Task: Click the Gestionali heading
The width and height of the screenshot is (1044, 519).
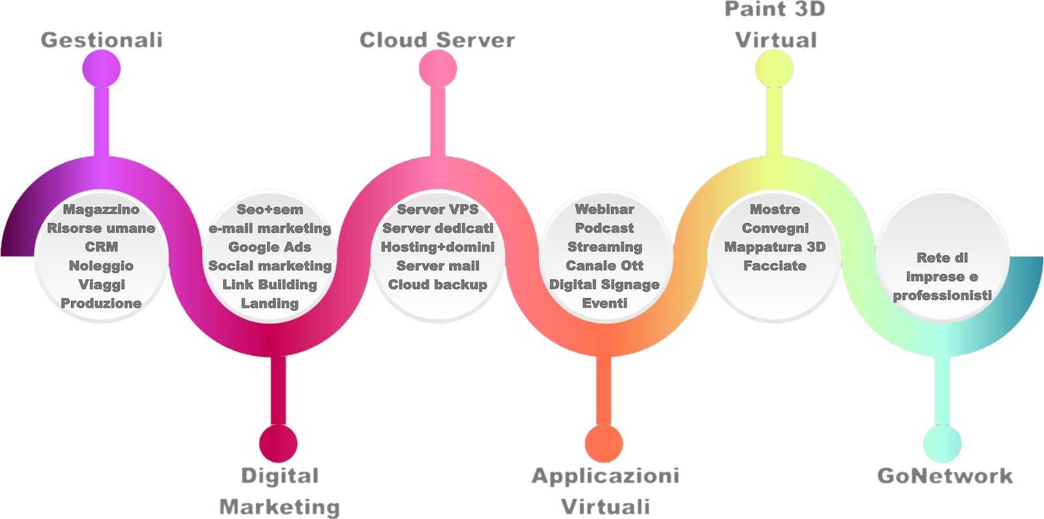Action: pos(101,40)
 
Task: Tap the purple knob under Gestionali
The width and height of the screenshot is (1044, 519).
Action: pos(102,68)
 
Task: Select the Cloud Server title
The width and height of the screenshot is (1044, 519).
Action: pos(437,40)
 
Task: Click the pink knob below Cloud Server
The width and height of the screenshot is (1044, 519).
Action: pos(438,68)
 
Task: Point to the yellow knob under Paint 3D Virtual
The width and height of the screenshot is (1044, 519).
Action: pos(775,68)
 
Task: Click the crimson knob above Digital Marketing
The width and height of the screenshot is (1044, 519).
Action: pos(278,443)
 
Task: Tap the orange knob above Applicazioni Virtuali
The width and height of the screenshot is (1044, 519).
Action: pos(604,443)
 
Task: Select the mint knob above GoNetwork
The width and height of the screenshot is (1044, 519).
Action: pos(943,443)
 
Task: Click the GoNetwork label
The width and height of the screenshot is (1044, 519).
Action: pos(945,475)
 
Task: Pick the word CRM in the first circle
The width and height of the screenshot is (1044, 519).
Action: pos(101,247)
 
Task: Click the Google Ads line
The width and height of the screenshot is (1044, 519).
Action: pos(269,247)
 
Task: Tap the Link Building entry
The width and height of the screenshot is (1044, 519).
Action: pos(269,285)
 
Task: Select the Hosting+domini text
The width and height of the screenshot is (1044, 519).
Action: pos(438,247)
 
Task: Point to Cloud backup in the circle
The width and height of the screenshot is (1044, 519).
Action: pos(438,285)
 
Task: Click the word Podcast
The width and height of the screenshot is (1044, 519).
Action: pos(604,228)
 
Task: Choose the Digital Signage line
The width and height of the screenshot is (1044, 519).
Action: pos(604,285)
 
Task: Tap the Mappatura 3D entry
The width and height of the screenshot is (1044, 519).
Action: pos(775,247)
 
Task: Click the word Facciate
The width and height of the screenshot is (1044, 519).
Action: pos(775,266)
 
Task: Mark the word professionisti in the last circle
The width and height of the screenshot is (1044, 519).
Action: pos(942,295)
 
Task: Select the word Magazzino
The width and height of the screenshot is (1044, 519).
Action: pos(101,209)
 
